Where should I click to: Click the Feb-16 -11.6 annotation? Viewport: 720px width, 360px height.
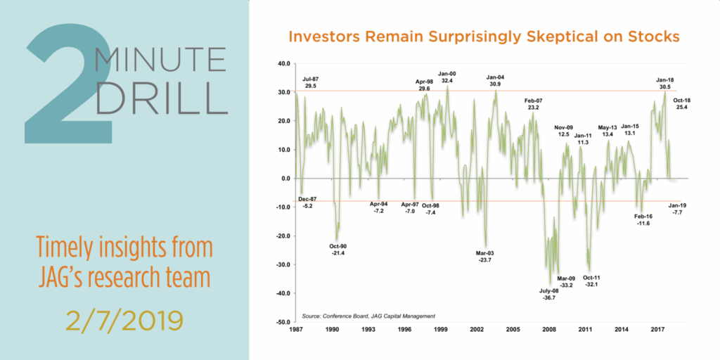[643, 219]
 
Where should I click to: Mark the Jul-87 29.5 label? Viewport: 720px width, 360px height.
[310, 82]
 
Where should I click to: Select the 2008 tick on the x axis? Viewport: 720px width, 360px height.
[548, 329]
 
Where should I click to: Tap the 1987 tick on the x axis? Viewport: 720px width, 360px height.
[296, 329]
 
